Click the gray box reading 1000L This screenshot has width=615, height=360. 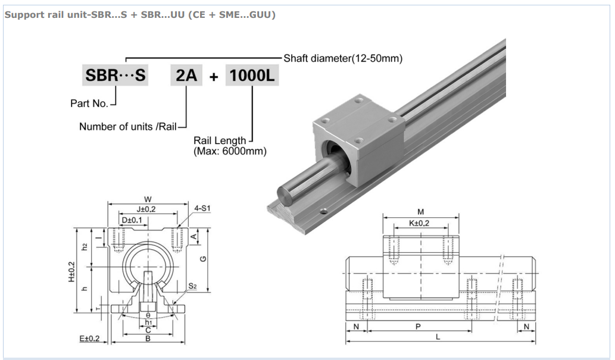pos(252,76)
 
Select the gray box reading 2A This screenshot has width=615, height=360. pos(186,76)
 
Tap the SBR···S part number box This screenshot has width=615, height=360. pos(115,76)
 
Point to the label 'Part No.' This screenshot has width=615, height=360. pos(89,104)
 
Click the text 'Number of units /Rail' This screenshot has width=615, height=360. pos(128,127)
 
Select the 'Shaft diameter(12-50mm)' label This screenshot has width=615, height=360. pos(343,58)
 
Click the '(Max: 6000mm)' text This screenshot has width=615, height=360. pos(230,151)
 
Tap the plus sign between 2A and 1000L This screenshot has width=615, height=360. pos(214,77)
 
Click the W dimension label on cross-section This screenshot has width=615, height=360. pos(148,199)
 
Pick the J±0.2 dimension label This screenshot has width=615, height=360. pos(146,210)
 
